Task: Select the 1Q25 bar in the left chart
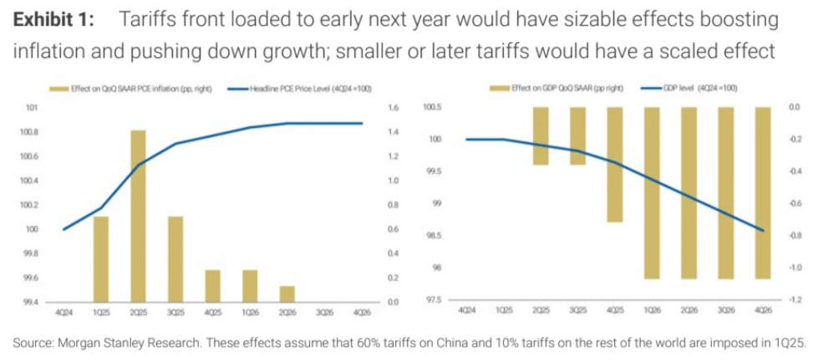coord(100,258)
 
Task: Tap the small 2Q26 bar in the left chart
coord(287,293)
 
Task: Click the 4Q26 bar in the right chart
coord(762,193)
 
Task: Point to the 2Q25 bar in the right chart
coord(541,135)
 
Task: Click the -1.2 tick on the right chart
coord(795,299)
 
